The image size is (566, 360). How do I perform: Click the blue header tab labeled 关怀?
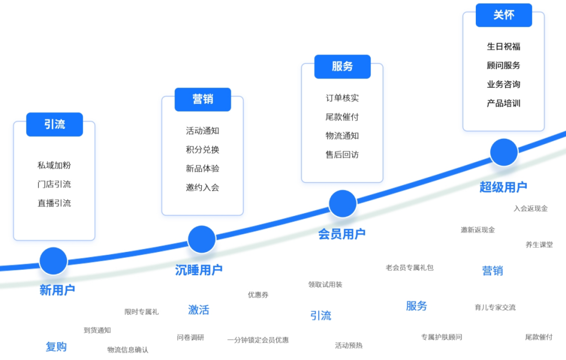pyautogui.click(x=504, y=15)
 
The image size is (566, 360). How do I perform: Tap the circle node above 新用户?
pyautogui.click(x=53, y=261)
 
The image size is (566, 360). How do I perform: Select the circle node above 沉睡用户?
pyautogui.click(x=202, y=239)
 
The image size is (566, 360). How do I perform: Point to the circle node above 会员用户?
pyautogui.click(x=343, y=204)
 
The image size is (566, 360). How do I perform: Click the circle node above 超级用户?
pyautogui.click(x=504, y=152)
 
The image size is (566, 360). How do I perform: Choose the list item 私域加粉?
pyautogui.click(x=54, y=165)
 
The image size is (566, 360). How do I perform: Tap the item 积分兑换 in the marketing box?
pyautogui.click(x=202, y=150)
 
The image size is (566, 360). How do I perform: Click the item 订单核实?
pyautogui.click(x=342, y=98)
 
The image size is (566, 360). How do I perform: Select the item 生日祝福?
pyautogui.click(x=504, y=47)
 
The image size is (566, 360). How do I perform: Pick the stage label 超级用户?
pyautogui.click(x=503, y=187)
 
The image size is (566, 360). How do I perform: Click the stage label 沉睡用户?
pyautogui.click(x=199, y=270)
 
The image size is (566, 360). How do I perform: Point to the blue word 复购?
pyautogui.click(x=56, y=347)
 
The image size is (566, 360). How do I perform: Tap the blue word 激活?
pyautogui.click(x=199, y=310)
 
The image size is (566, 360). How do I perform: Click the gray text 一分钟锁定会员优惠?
pyautogui.click(x=258, y=340)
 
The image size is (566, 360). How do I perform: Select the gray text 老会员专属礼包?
pyautogui.click(x=410, y=268)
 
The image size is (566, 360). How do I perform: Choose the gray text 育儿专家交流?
pyautogui.click(x=495, y=308)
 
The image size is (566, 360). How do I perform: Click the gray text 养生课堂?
pyautogui.click(x=539, y=245)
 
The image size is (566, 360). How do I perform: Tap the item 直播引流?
pyautogui.click(x=54, y=203)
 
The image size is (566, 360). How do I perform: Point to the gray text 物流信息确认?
pyautogui.click(x=128, y=350)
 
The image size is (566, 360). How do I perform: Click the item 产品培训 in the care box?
pyautogui.click(x=504, y=103)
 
